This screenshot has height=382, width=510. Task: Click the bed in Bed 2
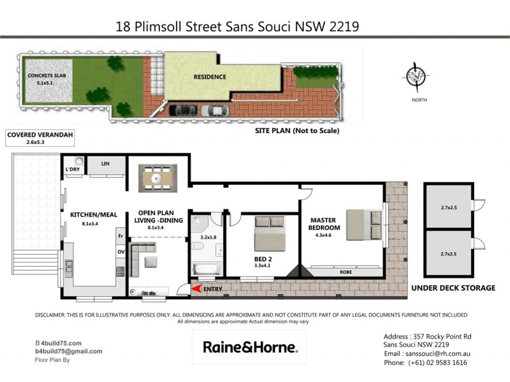click(268, 233)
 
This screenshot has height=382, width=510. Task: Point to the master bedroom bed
click(364, 224)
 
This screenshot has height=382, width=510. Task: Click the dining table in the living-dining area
click(157, 178)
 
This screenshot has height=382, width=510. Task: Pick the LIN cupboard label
click(105, 164)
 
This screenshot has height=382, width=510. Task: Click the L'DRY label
click(72, 169)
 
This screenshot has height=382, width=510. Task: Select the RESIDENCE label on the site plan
click(210, 77)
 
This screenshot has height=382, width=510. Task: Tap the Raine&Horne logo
click(249, 347)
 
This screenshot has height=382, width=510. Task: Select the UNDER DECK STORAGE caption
click(453, 288)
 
